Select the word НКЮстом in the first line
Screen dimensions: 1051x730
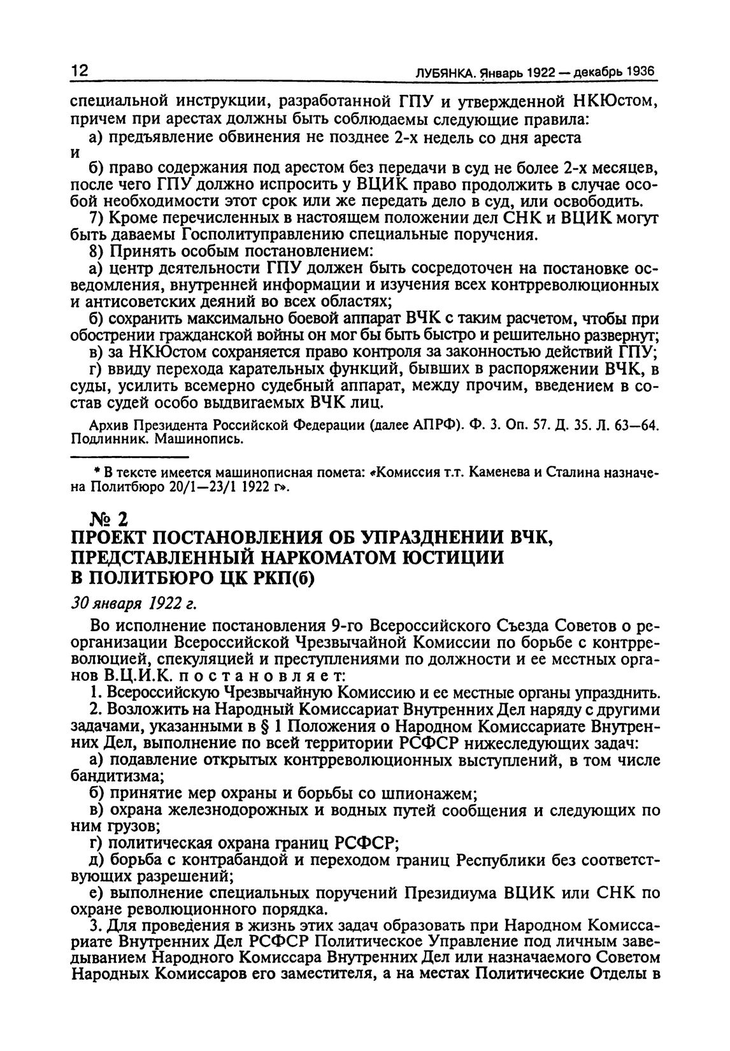pos(612,102)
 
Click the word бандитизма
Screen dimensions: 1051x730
pos(116,776)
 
